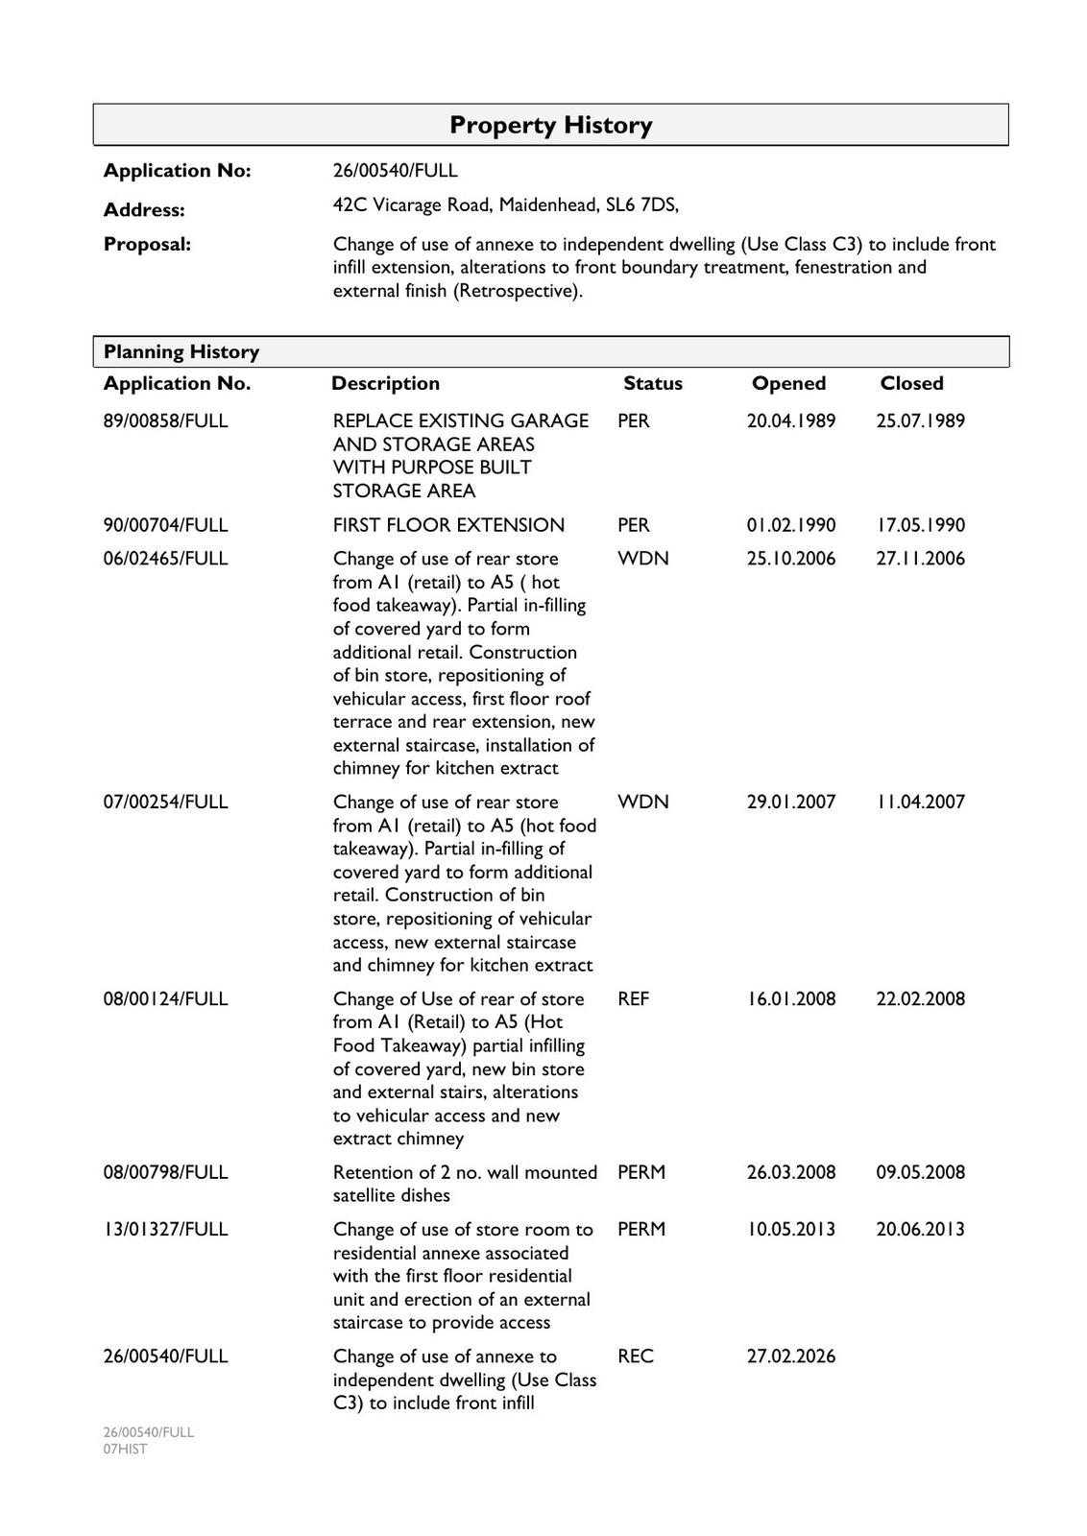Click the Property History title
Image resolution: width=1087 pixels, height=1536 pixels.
point(550,125)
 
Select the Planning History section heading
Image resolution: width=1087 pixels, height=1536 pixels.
point(181,351)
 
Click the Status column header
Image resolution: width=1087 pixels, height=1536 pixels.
point(652,383)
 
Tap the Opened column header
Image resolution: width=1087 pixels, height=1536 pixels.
point(788,383)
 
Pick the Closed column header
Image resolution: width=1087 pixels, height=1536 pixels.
point(911,383)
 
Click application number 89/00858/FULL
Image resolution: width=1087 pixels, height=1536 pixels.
point(165,420)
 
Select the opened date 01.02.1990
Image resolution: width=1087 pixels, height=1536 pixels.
point(791,525)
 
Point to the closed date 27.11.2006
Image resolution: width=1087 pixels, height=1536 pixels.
point(920,559)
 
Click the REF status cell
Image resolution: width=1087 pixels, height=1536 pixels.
point(634,998)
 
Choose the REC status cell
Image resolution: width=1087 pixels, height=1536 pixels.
point(636,1356)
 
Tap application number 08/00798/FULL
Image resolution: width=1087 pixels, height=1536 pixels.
point(165,1172)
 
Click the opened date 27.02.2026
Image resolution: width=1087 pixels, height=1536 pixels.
point(791,1356)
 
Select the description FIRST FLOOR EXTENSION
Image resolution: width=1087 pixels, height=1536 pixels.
point(448,525)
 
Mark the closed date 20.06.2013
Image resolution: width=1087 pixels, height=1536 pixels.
point(920,1229)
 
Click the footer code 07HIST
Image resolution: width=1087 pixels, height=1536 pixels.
point(126,1449)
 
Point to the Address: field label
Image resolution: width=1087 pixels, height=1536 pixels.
point(144,209)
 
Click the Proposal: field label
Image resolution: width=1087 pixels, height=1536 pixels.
point(147,244)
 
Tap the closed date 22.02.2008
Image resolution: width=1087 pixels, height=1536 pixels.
point(920,998)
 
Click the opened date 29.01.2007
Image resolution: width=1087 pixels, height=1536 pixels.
point(791,802)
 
